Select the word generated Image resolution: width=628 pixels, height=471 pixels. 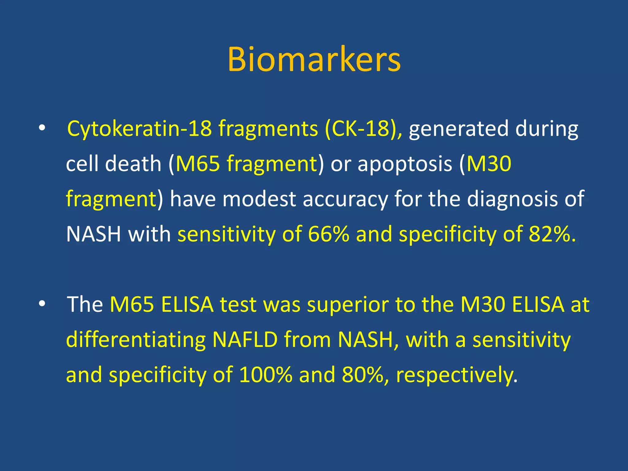pyautogui.click(x=458, y=129)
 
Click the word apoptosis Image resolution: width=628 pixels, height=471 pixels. pyautogui.click(x=405, y=164)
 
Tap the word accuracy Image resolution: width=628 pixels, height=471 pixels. pyautogui.click(x=345, y=199)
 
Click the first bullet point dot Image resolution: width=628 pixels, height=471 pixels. pyautogui.click(x=42, y=128)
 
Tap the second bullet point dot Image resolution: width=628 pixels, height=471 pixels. pyautogui.click(x=42, y=304)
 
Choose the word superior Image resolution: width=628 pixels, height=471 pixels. pyautogui.click(x=348, y=305)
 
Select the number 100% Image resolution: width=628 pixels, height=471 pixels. pyautogui.click(x=266, y=375)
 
